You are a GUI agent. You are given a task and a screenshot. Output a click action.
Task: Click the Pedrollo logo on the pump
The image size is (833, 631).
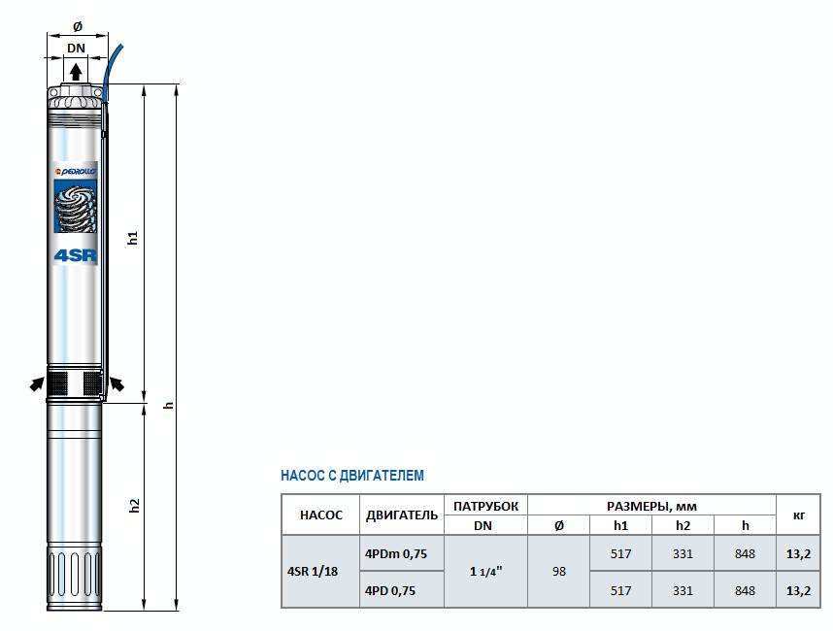[76, 172]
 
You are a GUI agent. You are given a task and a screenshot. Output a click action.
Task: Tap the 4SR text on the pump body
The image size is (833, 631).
[76, 255]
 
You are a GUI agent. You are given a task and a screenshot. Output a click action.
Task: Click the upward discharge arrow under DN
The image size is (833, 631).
[76, 72]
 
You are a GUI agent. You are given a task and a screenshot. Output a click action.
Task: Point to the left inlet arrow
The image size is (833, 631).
[37, 384]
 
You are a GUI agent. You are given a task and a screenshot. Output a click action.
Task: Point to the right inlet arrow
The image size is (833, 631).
[117, 384]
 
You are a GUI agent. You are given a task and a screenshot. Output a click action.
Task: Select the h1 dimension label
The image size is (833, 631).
[132, 238]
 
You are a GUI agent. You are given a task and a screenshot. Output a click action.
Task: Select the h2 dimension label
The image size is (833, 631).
[134, 505]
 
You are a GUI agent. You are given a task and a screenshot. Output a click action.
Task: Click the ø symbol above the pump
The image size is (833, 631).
[78, 26]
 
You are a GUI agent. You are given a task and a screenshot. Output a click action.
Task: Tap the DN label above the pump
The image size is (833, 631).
[76, 48]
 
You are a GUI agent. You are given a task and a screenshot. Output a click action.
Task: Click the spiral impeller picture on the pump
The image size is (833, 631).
[76, 206]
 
